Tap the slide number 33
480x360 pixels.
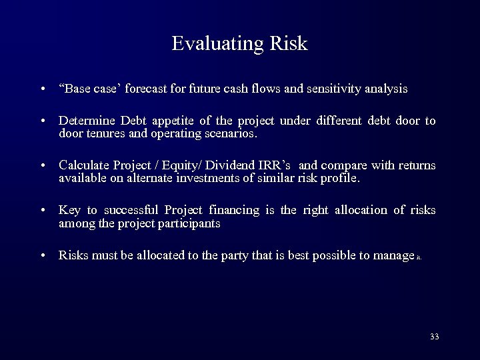tap(435, 337)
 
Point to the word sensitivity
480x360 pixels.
tap(333, 89)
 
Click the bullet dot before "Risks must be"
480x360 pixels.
tap(42, 255)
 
